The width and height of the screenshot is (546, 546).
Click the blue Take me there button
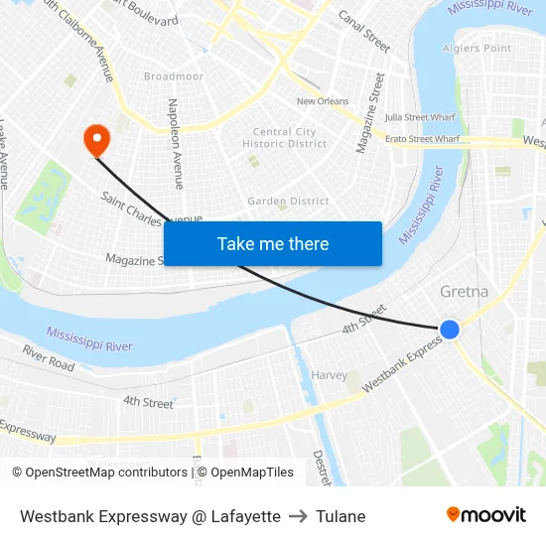pos(273,243)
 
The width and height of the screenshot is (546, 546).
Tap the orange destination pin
pos(97,140)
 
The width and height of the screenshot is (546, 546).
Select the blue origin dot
pos(450,329)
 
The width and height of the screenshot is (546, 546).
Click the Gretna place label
pos(463,292)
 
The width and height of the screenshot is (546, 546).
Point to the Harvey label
pos(330,375)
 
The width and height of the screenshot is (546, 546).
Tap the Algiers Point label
pos(477,48)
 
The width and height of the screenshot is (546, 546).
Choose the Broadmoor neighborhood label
pos(174,76)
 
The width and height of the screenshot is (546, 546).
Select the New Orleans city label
pos(323,101)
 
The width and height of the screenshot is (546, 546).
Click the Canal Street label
pos(364,31)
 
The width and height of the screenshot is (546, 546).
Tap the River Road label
pos(48,358)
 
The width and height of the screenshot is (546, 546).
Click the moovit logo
pos(486,514)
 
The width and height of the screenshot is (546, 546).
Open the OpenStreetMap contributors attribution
pos(106,473)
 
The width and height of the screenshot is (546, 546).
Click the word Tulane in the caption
pos(341,516)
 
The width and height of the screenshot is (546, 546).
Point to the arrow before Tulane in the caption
pos(299,516)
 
